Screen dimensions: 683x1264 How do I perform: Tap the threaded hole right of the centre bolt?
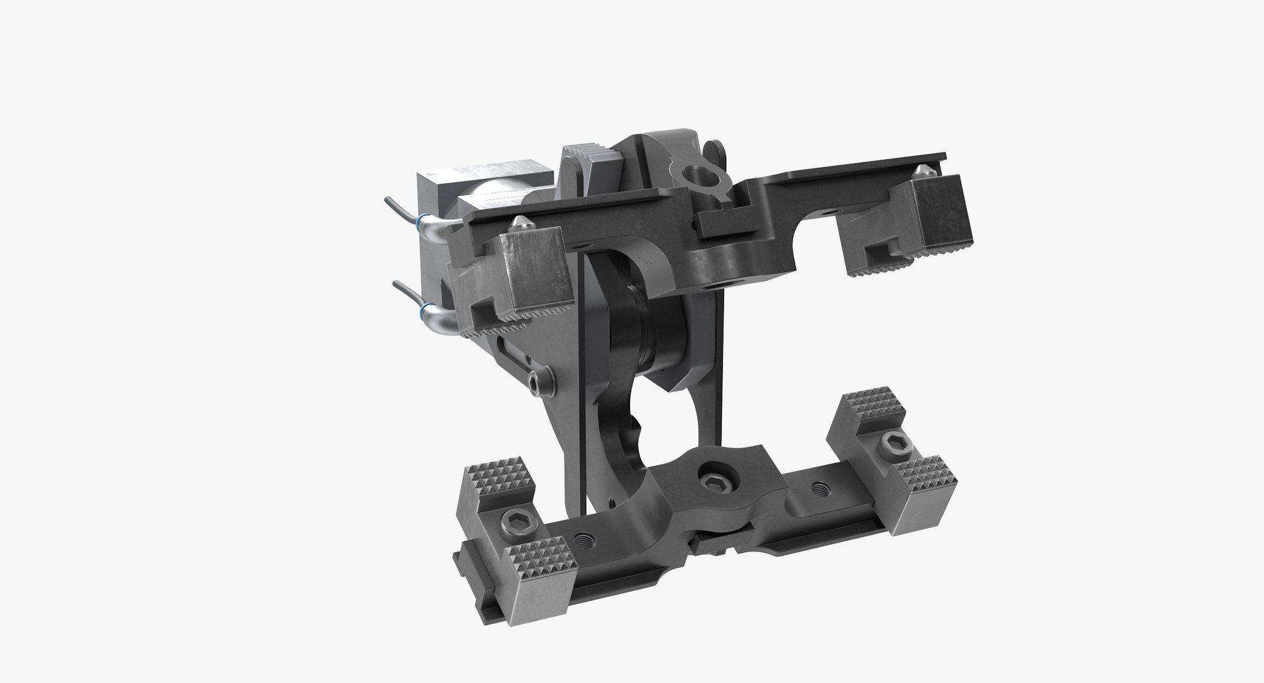[x=818, y=489]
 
